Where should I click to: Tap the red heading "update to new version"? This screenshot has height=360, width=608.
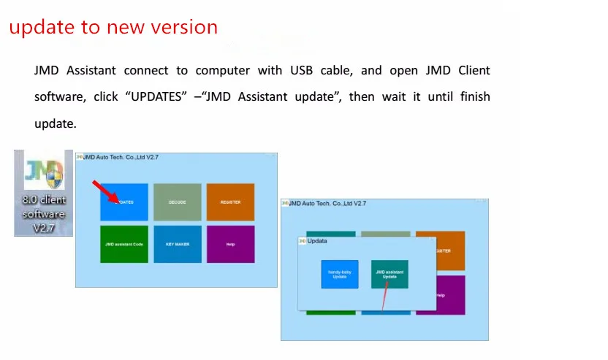pyautogui.click(x=113, y=28)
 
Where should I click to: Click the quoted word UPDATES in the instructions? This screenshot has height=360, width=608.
pyautogui.click(x=154, y=96)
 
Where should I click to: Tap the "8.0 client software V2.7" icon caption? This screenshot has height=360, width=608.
pyautogui.click(x=44, y=214)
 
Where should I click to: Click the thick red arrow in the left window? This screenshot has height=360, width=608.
pyautogui.click(x=104, y=191)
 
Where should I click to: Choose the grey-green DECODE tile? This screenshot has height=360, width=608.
pyautogui.click(x=178, y=202)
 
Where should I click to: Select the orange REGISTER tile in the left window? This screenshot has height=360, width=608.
pyautogui.click(x=230, y=202)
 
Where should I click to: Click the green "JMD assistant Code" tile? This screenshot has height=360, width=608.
pyautogui.click(x=124, y=244)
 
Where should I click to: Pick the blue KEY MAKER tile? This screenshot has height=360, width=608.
pyautogui.click(x=178, y=244)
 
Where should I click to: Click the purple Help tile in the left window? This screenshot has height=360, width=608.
pyautogui.click(x=230, y=244)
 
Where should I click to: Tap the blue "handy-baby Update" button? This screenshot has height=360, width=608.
pyautogui.click(x=340, y=274)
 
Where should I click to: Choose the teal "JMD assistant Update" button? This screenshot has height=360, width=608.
pyautogui.click(x=389, y=274)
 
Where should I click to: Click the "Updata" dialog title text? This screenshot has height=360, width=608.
pyautogui.click(x=317, y=240)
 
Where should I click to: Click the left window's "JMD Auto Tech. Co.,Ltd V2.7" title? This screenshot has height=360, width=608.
pyautogui.click(x=121, y=156)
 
